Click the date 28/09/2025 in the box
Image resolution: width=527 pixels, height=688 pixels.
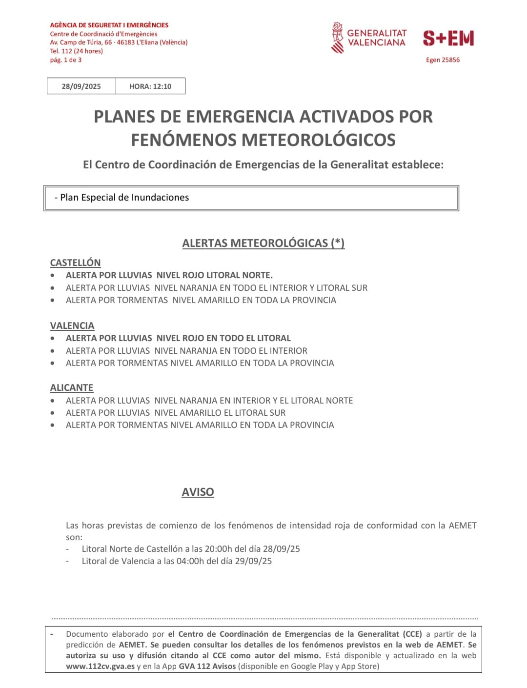click(81, 86)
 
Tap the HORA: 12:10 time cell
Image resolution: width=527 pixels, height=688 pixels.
click(150, 86)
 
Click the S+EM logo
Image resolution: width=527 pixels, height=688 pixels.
click(448, 38)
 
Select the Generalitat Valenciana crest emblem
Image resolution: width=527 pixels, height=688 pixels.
click(337, 38)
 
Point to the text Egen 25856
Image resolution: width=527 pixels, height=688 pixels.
click(443, 60)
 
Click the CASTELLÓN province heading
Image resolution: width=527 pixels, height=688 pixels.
click(75, 263)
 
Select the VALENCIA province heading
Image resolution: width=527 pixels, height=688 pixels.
click(72, 325)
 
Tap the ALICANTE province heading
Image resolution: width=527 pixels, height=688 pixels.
click(72, 387)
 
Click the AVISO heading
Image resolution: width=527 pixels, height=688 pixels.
click(198, 492)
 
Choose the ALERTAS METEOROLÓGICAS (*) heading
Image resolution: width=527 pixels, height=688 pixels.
click(263, 243)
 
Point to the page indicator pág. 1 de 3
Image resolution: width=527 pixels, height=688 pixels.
click(66, 60)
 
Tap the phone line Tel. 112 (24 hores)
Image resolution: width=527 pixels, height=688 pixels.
click(76, 51)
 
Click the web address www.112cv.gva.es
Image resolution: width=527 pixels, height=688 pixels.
click(100, 667)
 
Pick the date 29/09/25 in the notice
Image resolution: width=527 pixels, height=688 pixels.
click(253, 561)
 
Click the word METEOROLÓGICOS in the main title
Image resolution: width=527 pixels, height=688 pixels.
click(318, 140)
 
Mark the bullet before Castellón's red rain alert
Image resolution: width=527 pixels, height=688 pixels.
click(53, 275)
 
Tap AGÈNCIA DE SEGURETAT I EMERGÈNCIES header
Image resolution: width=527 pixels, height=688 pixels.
click(109, 25)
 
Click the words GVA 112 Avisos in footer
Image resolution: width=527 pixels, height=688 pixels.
click(207, 667)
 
